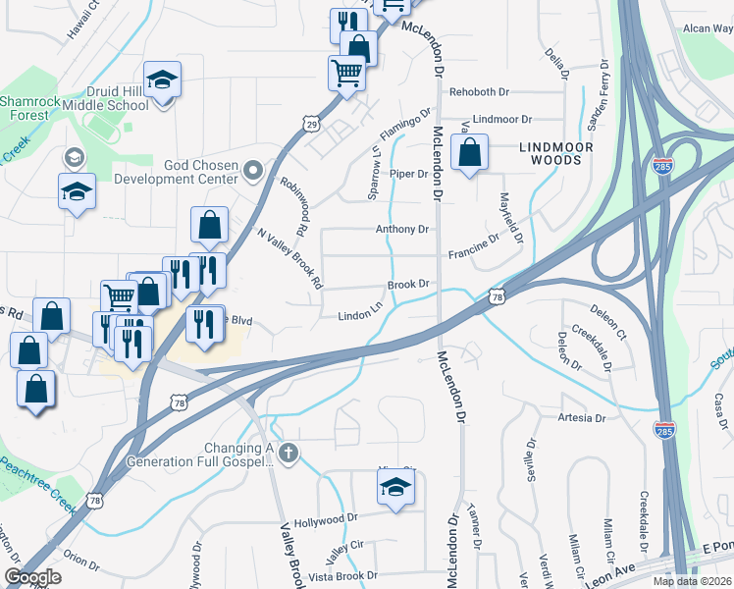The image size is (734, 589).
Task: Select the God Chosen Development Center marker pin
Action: coord(253,172)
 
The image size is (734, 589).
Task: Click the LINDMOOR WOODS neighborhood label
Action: coord(557,151)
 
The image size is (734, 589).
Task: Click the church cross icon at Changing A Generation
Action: coord(288,453)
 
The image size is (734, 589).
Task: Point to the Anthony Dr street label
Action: coord(402,229)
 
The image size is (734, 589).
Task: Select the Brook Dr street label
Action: coord(409,284)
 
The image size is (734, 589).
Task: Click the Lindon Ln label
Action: coord(360,315)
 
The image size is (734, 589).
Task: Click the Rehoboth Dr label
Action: coord(480,92)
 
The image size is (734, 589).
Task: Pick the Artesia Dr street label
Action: coord(581,418)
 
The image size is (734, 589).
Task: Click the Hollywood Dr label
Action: coord(326,518)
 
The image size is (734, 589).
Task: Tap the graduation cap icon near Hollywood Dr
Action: coord(395,486)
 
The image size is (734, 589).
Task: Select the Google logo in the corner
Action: coord(33,577)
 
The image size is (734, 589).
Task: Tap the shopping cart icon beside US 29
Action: coord(346,72)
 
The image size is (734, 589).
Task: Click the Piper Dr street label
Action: coord(409,174)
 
